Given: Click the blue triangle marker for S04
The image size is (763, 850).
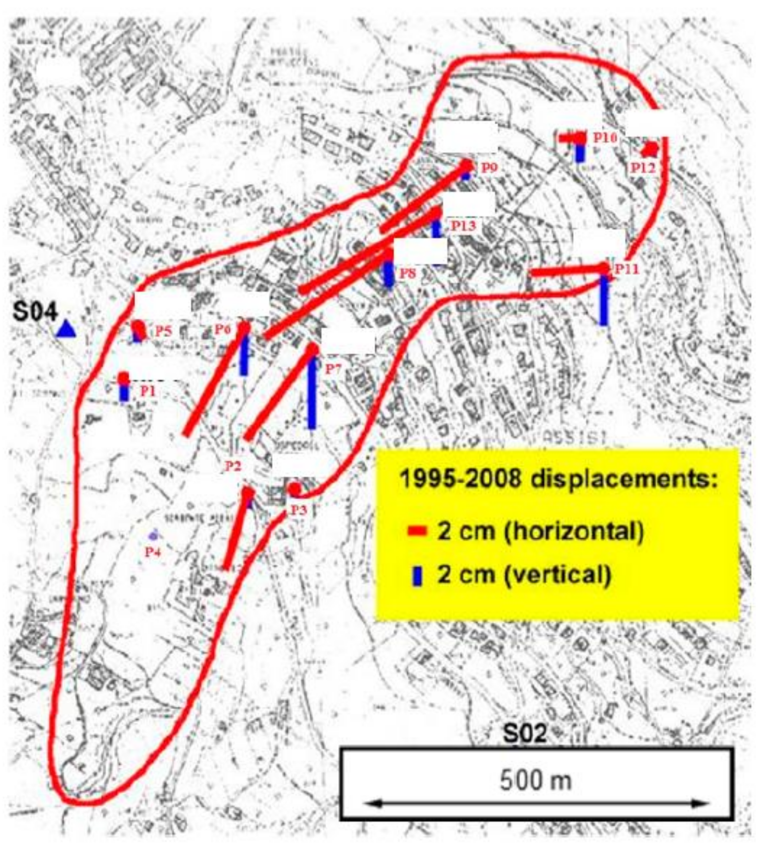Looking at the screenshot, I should (x=67, y=329).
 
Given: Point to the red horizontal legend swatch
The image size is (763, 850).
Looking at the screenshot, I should (x=417, y=532).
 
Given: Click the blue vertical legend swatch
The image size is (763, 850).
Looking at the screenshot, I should (x=417, y=575).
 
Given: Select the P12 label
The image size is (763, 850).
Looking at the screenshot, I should (x=643, y=168).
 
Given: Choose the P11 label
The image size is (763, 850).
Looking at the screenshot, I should (x=627, y=269).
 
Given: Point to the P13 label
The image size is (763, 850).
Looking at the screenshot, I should (x=464, y=226).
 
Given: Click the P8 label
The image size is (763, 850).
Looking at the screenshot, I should (x=408, y=274).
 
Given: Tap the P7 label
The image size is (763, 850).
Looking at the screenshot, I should (x=334, y=369).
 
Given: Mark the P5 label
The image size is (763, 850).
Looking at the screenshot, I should (x=164, y=332).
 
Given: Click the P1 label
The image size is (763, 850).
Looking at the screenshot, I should (x=148, y=391).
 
